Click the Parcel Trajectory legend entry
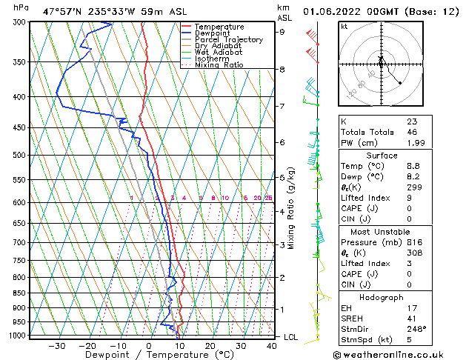tap(228, 40)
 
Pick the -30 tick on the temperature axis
tap(56, 345)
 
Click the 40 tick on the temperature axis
tap(271, 345)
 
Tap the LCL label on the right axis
tap(292, 337)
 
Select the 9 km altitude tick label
tap(282, 32)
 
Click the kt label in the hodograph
tap(344, 26)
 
